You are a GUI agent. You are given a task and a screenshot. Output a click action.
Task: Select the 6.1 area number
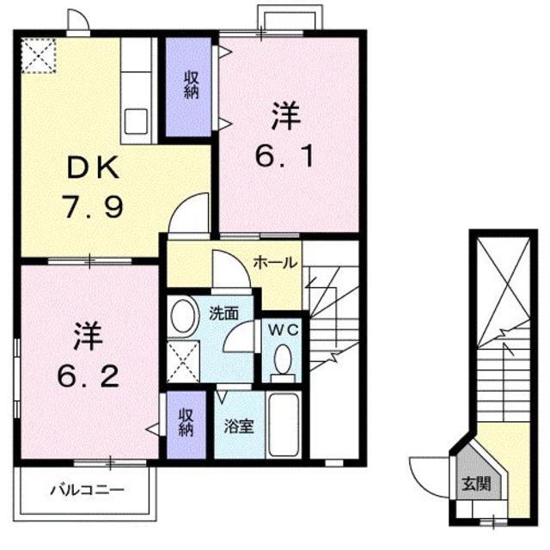click(x=288, y=156)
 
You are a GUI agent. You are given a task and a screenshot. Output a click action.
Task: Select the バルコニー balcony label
click(x=86, y=491)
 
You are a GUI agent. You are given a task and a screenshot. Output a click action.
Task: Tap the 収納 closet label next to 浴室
click(x=186, y=422)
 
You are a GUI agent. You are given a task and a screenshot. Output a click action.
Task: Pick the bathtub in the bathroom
click(x=283, y=427)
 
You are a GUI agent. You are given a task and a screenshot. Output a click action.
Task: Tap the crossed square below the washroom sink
click(x=183, y=360)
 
